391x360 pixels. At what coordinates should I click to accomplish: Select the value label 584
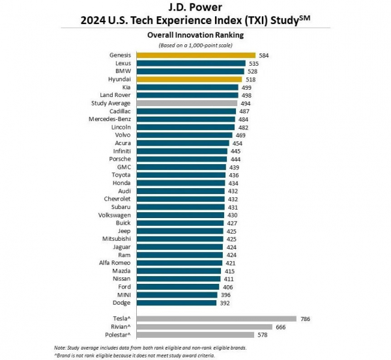263,55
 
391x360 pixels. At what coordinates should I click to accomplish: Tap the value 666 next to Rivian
282,327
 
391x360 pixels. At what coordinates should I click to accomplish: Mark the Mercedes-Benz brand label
109,119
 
